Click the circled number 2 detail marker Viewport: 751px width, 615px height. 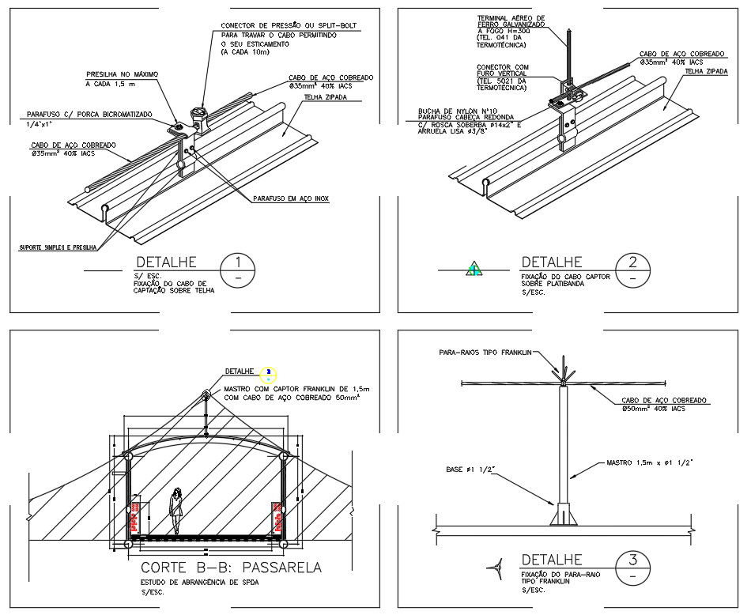632,270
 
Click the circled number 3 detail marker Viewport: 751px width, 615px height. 632,568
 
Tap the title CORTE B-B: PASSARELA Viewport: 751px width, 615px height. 231,568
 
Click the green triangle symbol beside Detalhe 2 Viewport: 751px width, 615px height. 474,269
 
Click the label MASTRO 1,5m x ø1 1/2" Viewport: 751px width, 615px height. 649,462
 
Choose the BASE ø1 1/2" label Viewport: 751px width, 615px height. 475,470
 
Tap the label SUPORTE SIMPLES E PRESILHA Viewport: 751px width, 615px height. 57,247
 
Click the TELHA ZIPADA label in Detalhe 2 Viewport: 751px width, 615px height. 706,70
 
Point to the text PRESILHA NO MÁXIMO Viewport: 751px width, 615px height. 122,74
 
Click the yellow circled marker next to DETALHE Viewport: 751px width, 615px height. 270,372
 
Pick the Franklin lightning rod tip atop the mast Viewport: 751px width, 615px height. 563,367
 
